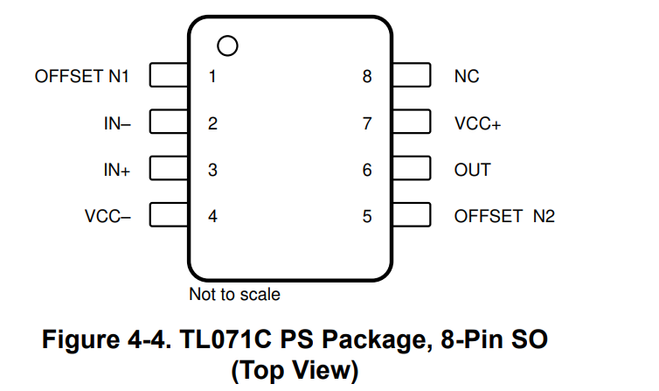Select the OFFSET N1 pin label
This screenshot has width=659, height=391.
click(81, 76)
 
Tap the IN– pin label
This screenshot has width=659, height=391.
click(117, 123)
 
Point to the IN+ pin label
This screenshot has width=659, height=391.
click(117, 170)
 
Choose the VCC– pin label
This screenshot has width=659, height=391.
click(108, 217)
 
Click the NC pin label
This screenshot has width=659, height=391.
click(467, 76)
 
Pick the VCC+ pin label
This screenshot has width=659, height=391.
click(477, 123)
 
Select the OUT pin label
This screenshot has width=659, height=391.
click(472, 170)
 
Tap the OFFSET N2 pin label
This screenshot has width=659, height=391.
click(504, 217)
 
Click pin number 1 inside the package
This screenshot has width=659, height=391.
click(212, 76)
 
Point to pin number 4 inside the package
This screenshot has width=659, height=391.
click(212, 217)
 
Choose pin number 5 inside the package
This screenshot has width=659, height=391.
click(367, 217)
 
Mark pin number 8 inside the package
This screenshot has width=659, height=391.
click(367, 76)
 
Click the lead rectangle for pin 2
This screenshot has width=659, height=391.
click(169, 122)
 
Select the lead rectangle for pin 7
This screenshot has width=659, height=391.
click(412, 122)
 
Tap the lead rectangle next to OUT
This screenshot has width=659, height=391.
click(412, 168)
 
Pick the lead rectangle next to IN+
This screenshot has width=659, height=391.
click(169, 168)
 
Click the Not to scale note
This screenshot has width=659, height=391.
click(234, 294)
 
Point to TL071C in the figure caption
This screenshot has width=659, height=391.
click(225, 339)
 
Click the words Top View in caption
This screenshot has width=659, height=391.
click(295, 370)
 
